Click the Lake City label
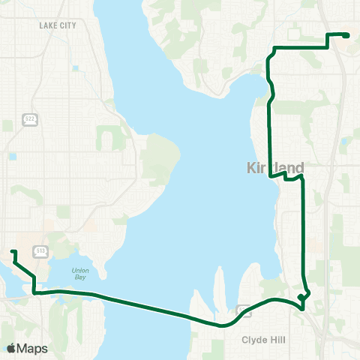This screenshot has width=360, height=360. [x=58, y=25]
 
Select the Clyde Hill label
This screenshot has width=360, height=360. [x=264, y=339]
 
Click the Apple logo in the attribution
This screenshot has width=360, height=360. [x=12, y=348]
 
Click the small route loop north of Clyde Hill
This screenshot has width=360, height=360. [x=303, y=298]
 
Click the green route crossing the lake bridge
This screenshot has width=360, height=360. [x=150, y=307]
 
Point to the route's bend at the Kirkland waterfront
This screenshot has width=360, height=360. [x=270, y=176]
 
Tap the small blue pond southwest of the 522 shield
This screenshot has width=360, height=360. [x=13, y=156]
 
